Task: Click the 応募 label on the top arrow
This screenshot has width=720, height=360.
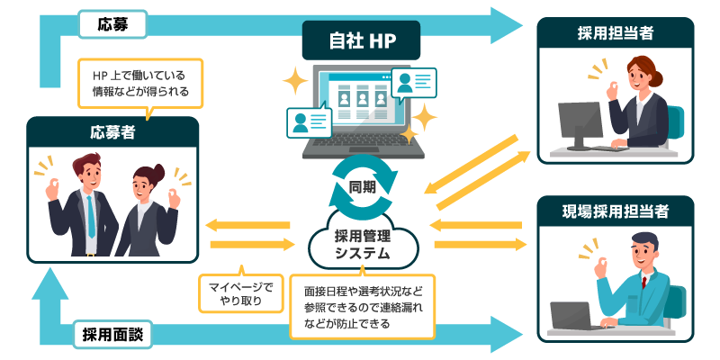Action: (112, 23)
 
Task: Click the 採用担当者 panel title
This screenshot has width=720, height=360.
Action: (616, 33)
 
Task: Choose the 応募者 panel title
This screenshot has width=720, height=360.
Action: (112, 133)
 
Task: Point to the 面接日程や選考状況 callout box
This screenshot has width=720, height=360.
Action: (363, 306)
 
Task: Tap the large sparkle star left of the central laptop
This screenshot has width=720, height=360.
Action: (294, 82)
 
